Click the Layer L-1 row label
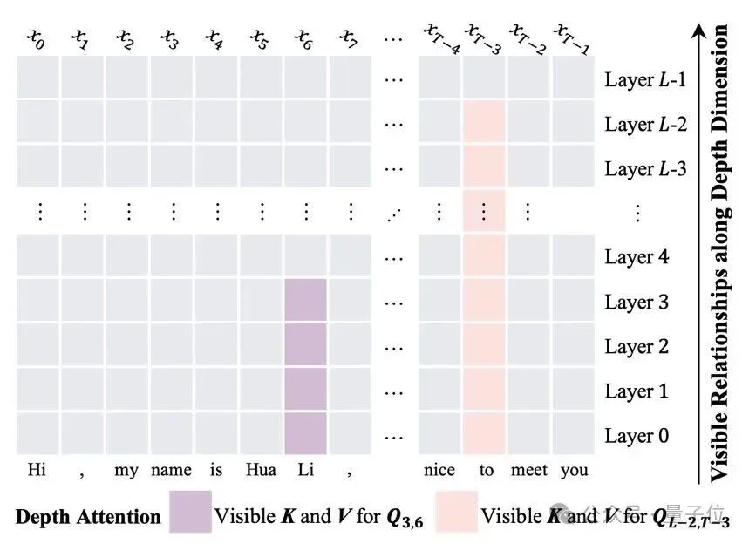point(645,79)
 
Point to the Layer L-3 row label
point(645,168)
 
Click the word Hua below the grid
point(262,470)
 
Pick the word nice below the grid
point(439,470)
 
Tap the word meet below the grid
point(529,470)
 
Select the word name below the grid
point(171,470)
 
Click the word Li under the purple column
point(305,470)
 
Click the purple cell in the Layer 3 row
point(305,302)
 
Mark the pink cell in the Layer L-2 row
point(485,124)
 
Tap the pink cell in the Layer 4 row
point(485,257)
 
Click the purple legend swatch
point(190,512)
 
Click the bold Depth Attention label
point(88,515)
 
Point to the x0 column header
point(37,38)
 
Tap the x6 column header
point(304,38)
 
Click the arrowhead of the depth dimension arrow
point(698,31)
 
